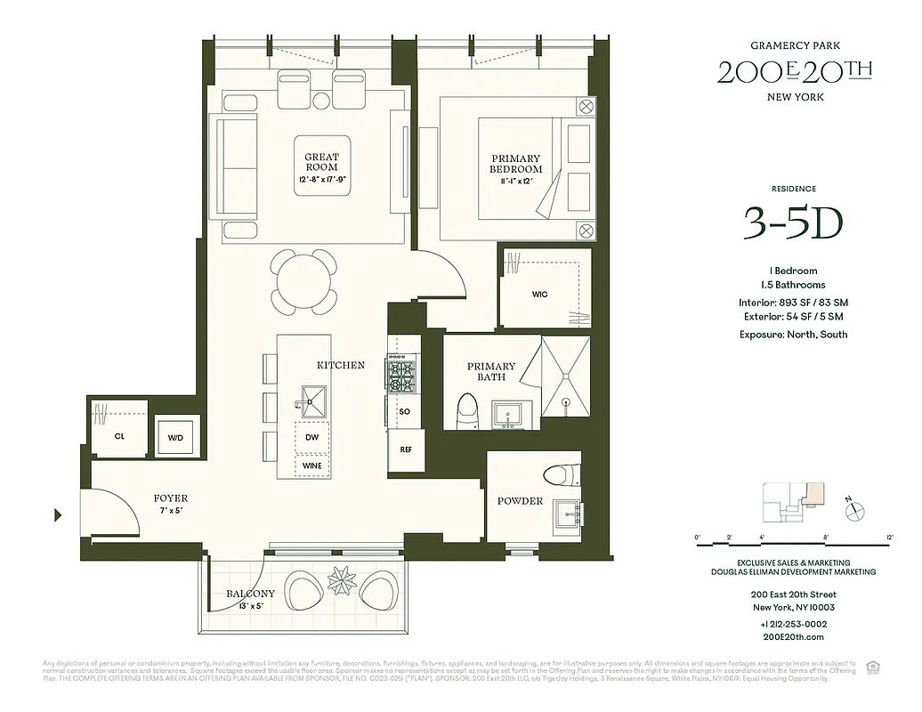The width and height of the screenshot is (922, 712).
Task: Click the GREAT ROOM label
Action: (321, 162)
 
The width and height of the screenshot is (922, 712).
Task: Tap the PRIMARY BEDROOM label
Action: (516, 164)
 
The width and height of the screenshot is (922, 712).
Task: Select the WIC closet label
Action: (539, 294)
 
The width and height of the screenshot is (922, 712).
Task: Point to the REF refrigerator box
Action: (406, 450)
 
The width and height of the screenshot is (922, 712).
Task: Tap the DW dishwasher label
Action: (311, 438)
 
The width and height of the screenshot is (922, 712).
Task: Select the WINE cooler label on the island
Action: (311, 465)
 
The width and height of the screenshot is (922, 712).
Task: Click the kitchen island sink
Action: (312, 400)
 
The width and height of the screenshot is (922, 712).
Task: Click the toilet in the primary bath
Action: (465, 410)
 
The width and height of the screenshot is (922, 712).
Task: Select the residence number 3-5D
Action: (792, 225)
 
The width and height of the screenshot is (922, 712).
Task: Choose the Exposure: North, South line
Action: (792, 335)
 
